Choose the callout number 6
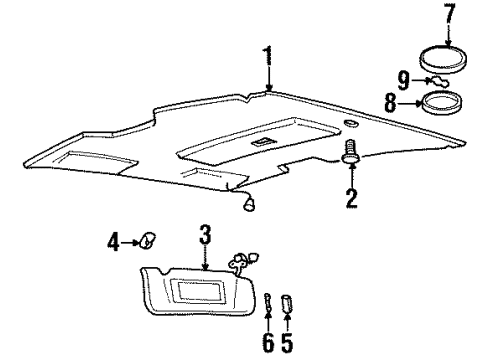[268, 340]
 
